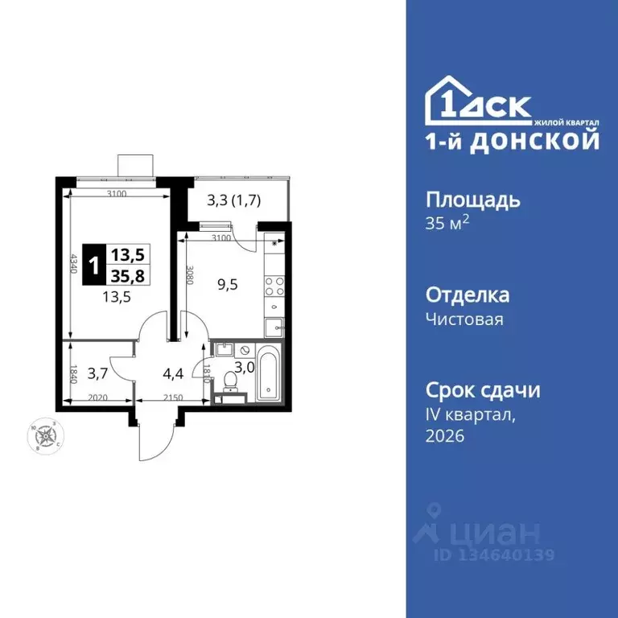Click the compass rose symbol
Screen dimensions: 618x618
tap(47, 436)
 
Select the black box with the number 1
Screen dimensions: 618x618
tap(96, 266)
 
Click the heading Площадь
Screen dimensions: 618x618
tap(472, 200)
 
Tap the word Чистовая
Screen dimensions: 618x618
tap(463, 319)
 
